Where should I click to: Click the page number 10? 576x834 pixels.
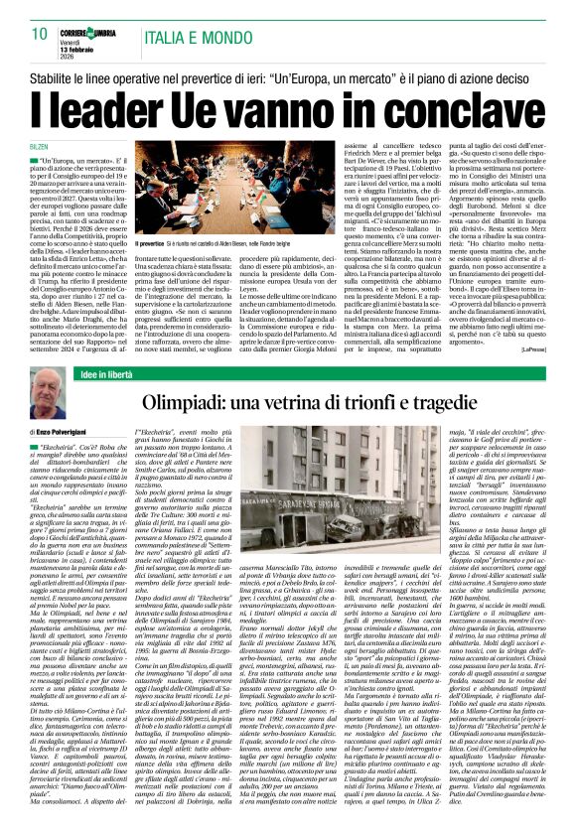tap(40, 34)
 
